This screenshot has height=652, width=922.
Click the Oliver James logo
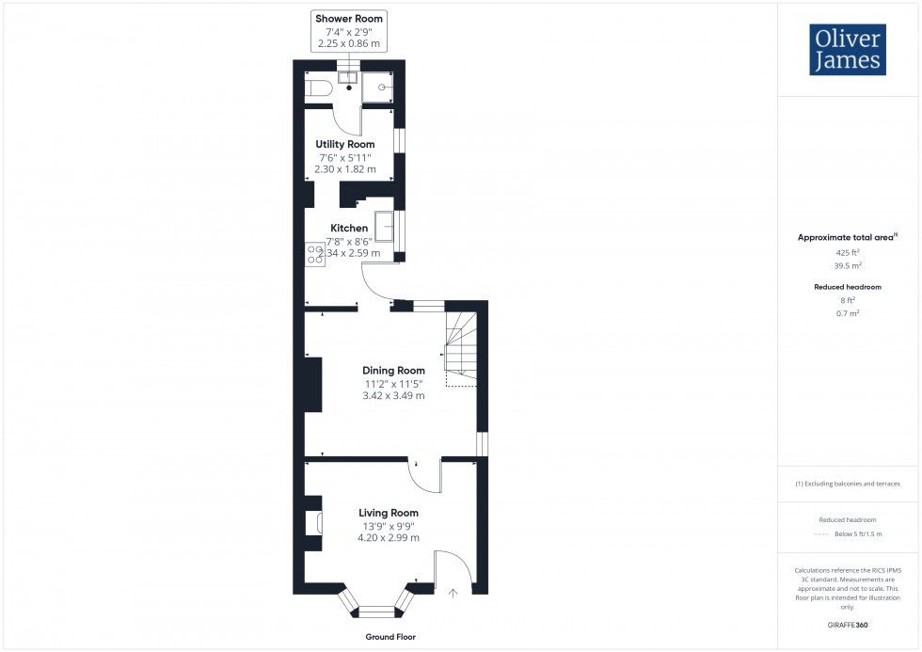point(847,50)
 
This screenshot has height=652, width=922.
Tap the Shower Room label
point(349,19)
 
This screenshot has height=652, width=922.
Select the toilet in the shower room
point(317,88)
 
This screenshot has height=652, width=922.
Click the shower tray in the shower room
point(378,85)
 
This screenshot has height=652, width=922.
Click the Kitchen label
point(348,228)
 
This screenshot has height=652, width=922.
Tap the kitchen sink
point(385,228)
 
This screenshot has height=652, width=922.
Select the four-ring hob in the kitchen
point(314,254)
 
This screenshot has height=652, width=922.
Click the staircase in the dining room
point(461,348)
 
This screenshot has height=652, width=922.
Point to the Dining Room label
point(394,371)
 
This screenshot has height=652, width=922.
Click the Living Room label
point(388,513)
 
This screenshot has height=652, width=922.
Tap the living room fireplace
point(312,523)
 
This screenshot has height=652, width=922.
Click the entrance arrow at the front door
point(454,593)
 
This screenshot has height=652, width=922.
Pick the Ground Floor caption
point(391,637)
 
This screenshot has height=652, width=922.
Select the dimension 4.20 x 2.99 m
point(388,538)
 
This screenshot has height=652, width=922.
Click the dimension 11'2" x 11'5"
point(394,384)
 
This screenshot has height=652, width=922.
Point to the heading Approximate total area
point(846,238)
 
